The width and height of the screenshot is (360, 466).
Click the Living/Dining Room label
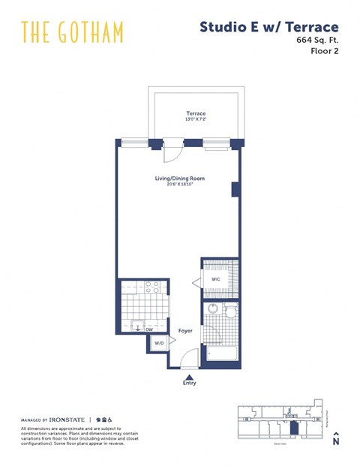[179, 178]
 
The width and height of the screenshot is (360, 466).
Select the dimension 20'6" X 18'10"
[179, 185]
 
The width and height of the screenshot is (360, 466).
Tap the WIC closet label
[216, 280]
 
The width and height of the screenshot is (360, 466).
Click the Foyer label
[185, 330]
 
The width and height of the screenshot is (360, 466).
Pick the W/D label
[159, 344]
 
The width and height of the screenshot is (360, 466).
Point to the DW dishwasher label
[148, 328]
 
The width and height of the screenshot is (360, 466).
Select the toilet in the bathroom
[230, 310]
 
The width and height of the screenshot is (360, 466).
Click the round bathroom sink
[212, 308]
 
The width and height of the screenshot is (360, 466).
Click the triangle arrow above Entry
[190, 378]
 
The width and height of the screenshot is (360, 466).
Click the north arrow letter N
[335, 441]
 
